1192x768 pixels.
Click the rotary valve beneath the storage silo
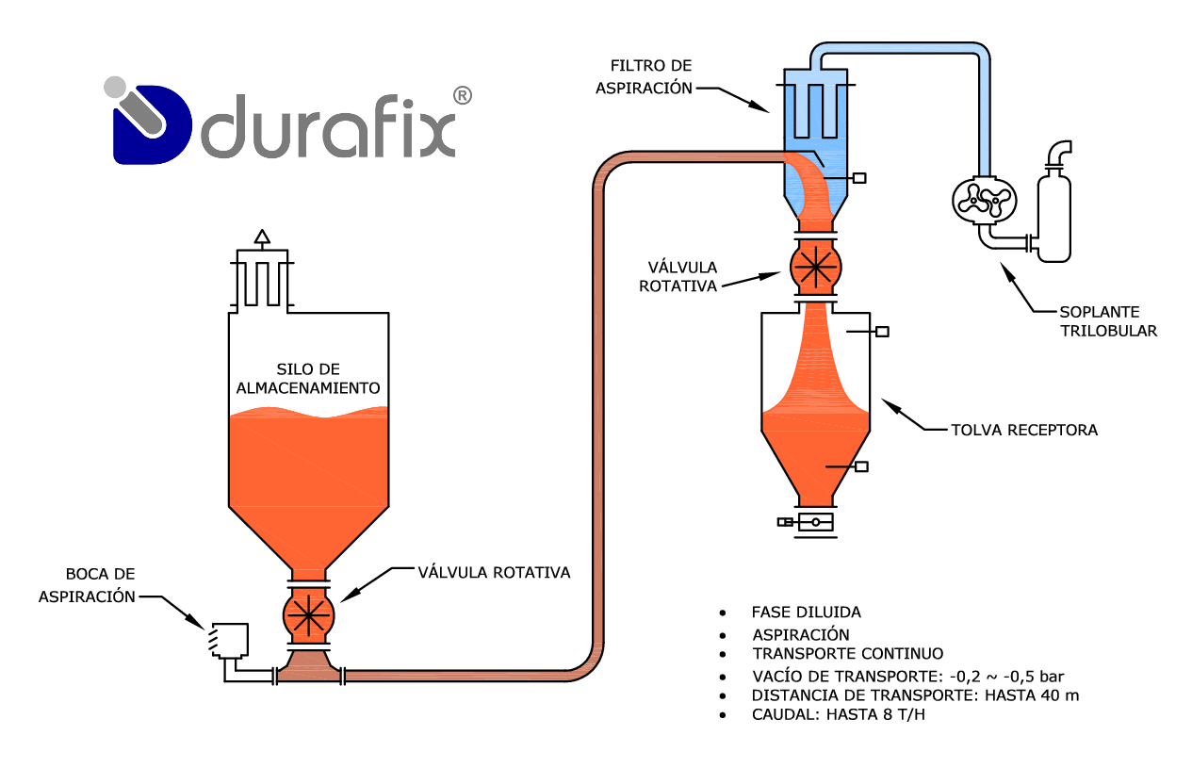pyautogui.click(x=308, y=614)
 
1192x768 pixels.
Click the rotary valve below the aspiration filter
pyautogui.click(x=814, y=265)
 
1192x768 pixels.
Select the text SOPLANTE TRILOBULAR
pyautogui.click(x=1107, y=320)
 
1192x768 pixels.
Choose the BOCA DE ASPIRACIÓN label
pyautogui.click(x=88, y=584)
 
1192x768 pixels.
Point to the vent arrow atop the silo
pyautogui.click(x=263, y=237)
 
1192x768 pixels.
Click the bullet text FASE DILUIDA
pyautogui.click(x=806, y=612)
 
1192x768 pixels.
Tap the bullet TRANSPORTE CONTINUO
pyautogui.click(x=847, y=653)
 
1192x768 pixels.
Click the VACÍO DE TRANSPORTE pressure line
pyautogui.click(x=907, y=676)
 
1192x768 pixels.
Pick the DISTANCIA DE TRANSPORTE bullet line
pyautogui.click(x=915, y=695)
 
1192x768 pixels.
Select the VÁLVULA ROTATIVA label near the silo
pyautogui.click(x=494, y=571)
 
